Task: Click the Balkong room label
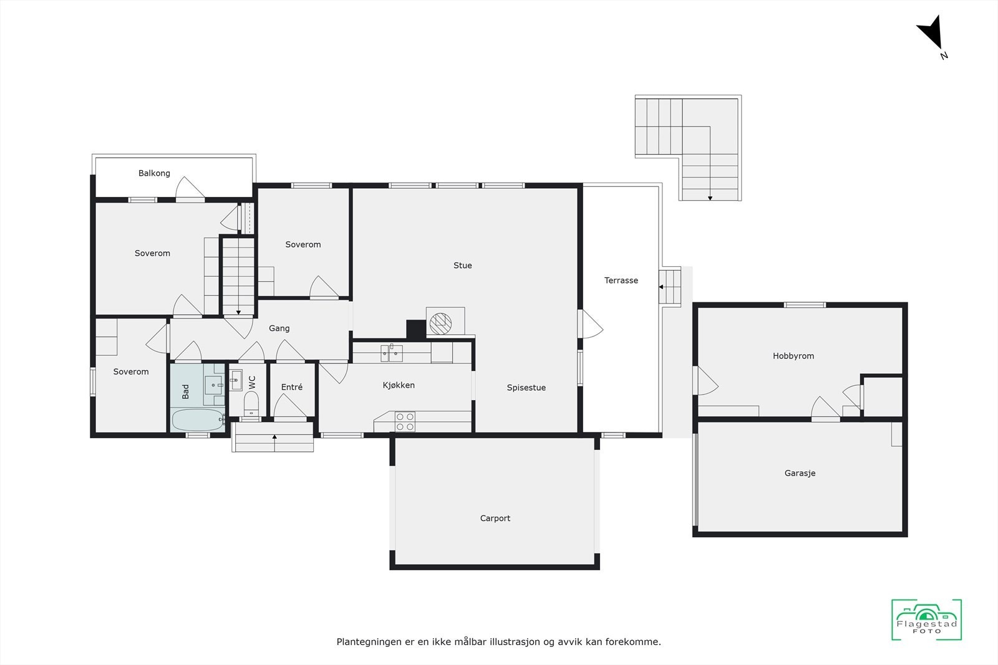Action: coord(154,173)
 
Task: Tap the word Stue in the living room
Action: coord(462,266)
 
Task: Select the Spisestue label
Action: coord(526,388)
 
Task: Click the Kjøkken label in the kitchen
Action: coord(399,385)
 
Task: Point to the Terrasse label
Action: coord(621,280)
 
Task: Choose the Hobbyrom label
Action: coord(793,356)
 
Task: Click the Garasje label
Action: coord(800,473)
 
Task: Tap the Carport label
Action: coord(495,518)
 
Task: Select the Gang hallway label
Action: coord(279,328)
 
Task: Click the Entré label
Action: coord(291,387)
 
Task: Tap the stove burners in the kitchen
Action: coord(405,422)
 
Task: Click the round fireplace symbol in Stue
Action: coord(440,322)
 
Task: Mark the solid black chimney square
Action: coord(415,328)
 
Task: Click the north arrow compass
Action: coord(931,36)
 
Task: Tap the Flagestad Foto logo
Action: coord(926,620)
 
